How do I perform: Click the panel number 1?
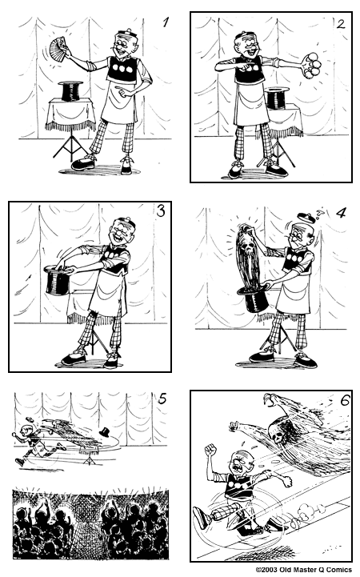166,22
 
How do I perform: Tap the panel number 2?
341,24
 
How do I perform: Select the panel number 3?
161,211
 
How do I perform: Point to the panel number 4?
342,213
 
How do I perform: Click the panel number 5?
162,399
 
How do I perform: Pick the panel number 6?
345,400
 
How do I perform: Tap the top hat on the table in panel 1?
70,91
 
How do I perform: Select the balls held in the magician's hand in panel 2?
312,65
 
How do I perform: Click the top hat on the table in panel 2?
276,98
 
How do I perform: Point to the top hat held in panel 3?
58,279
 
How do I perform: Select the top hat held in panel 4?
254,299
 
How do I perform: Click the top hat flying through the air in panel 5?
106,431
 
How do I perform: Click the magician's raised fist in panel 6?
210,450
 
